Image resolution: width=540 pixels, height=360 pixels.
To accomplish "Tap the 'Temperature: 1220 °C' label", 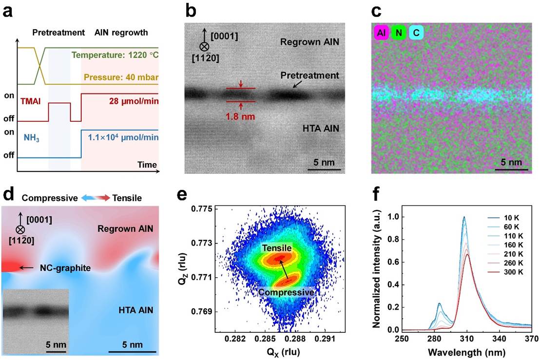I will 114,56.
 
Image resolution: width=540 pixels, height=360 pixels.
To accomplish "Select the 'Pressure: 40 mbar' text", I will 121,77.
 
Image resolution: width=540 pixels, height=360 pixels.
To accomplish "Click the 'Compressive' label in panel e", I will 287,292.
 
